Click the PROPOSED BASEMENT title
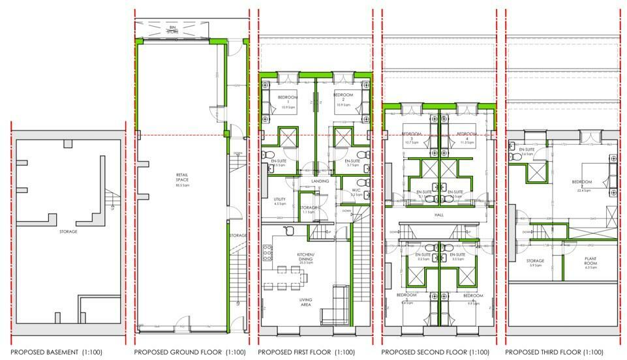coord(56,352)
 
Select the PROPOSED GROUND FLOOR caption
coord(189,352)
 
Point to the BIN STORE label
coord(172,29)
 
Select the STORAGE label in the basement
coord(69,232)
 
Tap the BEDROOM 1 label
coord(288,100)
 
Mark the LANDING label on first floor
coord(320,181)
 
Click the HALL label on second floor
coord(439,215)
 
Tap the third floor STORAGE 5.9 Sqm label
coord(535,263)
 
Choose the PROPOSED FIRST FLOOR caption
coord(311,352)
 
